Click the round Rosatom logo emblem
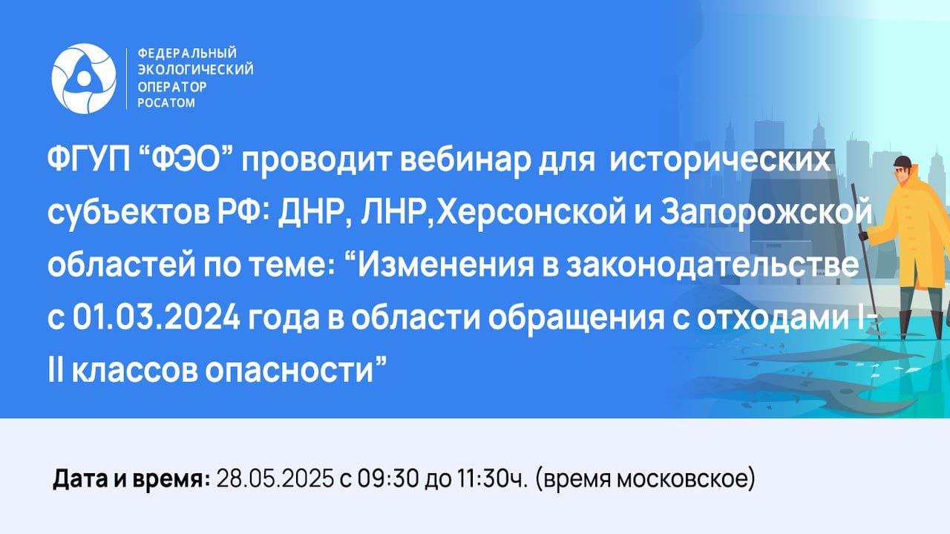click(84, 79)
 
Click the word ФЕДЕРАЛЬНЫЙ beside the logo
click(187, 53)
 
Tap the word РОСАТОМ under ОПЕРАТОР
click(166, 103)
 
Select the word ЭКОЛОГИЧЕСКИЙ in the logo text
click(195, 70)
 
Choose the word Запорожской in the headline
click(766, 211)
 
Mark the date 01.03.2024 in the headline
click(157, 318)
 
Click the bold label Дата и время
click(131, 479)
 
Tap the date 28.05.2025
click(275, 479)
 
